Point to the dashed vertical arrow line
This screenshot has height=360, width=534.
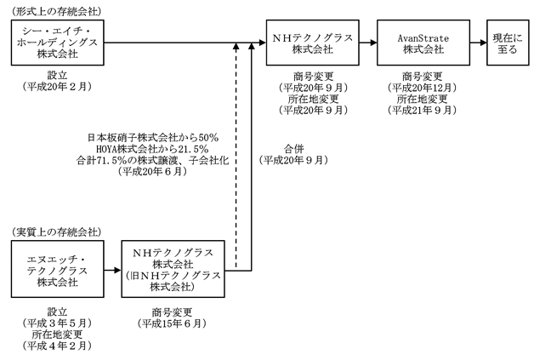236,156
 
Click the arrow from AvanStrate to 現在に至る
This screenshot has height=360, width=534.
479,43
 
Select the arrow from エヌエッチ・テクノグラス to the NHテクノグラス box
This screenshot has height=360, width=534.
113,271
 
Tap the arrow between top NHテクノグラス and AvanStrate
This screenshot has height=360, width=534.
368,43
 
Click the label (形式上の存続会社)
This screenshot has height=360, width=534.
56,12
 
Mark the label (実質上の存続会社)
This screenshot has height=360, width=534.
56,232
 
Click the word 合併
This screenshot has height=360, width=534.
293,149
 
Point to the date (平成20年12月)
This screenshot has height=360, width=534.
422,88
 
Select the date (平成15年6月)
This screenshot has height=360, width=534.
172,323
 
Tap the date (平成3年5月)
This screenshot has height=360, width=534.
57,323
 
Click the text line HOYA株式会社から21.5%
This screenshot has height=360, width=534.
152,149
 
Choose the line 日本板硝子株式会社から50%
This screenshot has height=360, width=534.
152,138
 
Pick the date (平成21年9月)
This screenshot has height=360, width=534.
422,110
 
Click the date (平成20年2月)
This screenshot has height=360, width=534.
57,87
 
